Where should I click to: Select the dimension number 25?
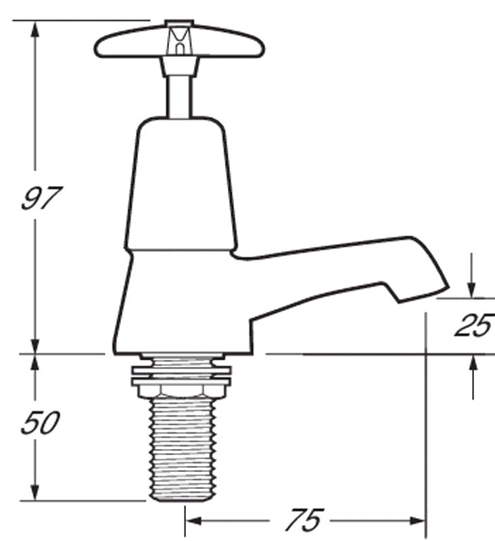coord(473,326)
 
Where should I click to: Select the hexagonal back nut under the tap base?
coord(179,388)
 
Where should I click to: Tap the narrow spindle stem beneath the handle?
coord(179,95)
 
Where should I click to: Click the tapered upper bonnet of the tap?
coord(179,183)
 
